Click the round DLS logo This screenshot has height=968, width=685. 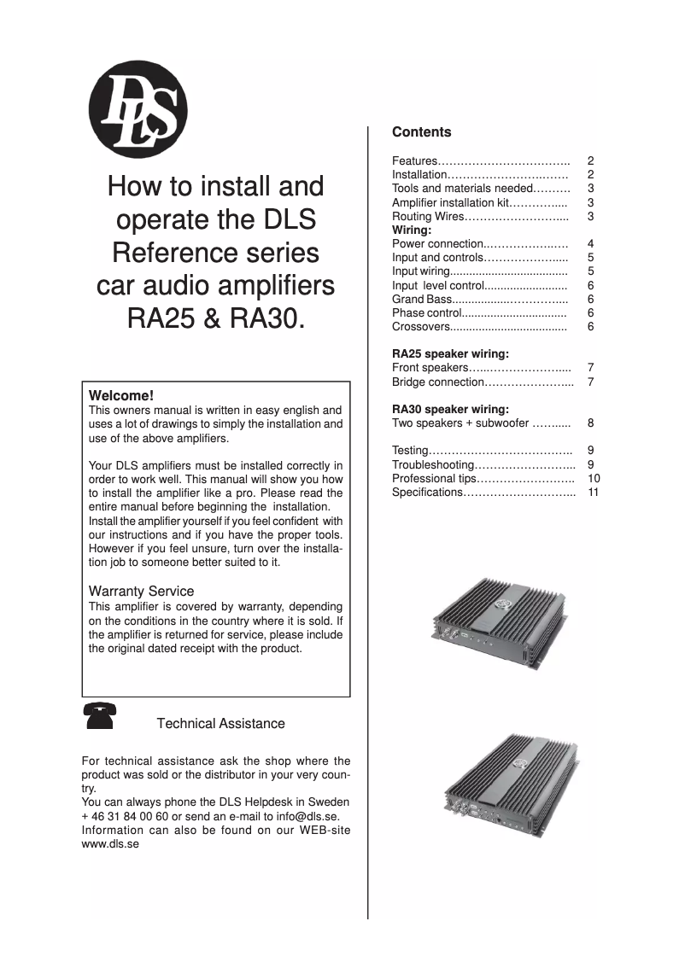click(x=138, y=112)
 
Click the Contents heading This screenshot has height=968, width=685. click(x=421, y=132)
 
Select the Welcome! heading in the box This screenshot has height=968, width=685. click(x=121, y=396)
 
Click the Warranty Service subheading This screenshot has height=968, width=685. click(x=141, y=591)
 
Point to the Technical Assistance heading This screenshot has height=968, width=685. click(x=220, y=724)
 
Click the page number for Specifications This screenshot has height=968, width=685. click(x=594, y=493)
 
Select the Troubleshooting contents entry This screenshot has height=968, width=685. click(x=432, y=465)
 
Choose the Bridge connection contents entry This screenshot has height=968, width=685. click(x=438, y=382)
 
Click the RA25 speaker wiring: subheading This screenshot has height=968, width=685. click(x=450, y=353)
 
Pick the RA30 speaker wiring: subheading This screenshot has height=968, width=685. click(x=450, y=409)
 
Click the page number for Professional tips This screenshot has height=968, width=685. click(x=594, y=479)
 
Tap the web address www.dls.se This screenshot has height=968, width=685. click(x=110, y=843)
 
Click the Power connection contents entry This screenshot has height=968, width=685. click(x=437, y=244)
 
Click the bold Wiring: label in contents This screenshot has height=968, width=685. click(x=412, y=230)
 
